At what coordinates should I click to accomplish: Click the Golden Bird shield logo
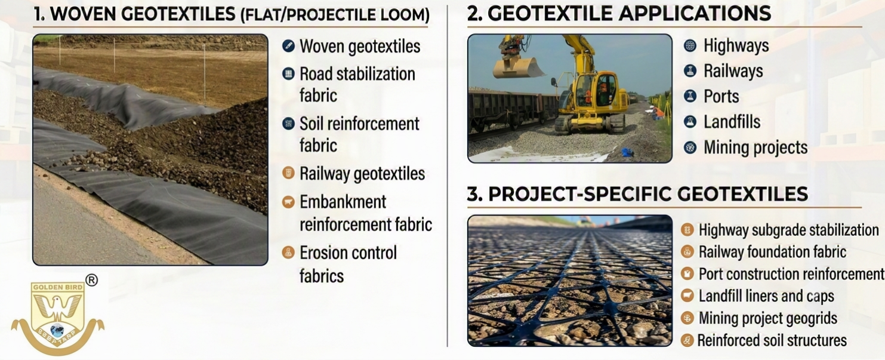(58, 316)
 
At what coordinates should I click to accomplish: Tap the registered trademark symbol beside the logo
(92, 280)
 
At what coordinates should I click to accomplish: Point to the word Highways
(736, 45)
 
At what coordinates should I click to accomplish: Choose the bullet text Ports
(721, 96)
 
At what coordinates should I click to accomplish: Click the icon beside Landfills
(690, 121)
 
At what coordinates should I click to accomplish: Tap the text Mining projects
(756, 147)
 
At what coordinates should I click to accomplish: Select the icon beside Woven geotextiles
(288, 46)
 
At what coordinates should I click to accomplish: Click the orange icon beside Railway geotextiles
(288, 173)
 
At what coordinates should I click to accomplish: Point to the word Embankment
(343, 202)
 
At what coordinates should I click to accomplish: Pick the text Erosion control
(348, 253)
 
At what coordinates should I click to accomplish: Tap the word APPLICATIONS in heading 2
(695, 14)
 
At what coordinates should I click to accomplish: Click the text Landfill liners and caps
(766, 296)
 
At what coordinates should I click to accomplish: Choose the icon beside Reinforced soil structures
(687, 340)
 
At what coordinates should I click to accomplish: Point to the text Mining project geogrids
(767, 318)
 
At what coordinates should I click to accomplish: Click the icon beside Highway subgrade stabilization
(687, 230)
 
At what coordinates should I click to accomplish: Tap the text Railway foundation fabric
(772, 252)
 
